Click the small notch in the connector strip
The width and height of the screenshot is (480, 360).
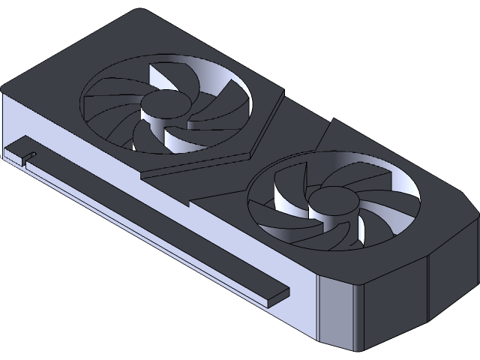[28, 157]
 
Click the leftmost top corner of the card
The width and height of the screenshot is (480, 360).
[6, 87]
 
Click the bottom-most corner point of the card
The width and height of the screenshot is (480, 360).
[358, 351]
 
